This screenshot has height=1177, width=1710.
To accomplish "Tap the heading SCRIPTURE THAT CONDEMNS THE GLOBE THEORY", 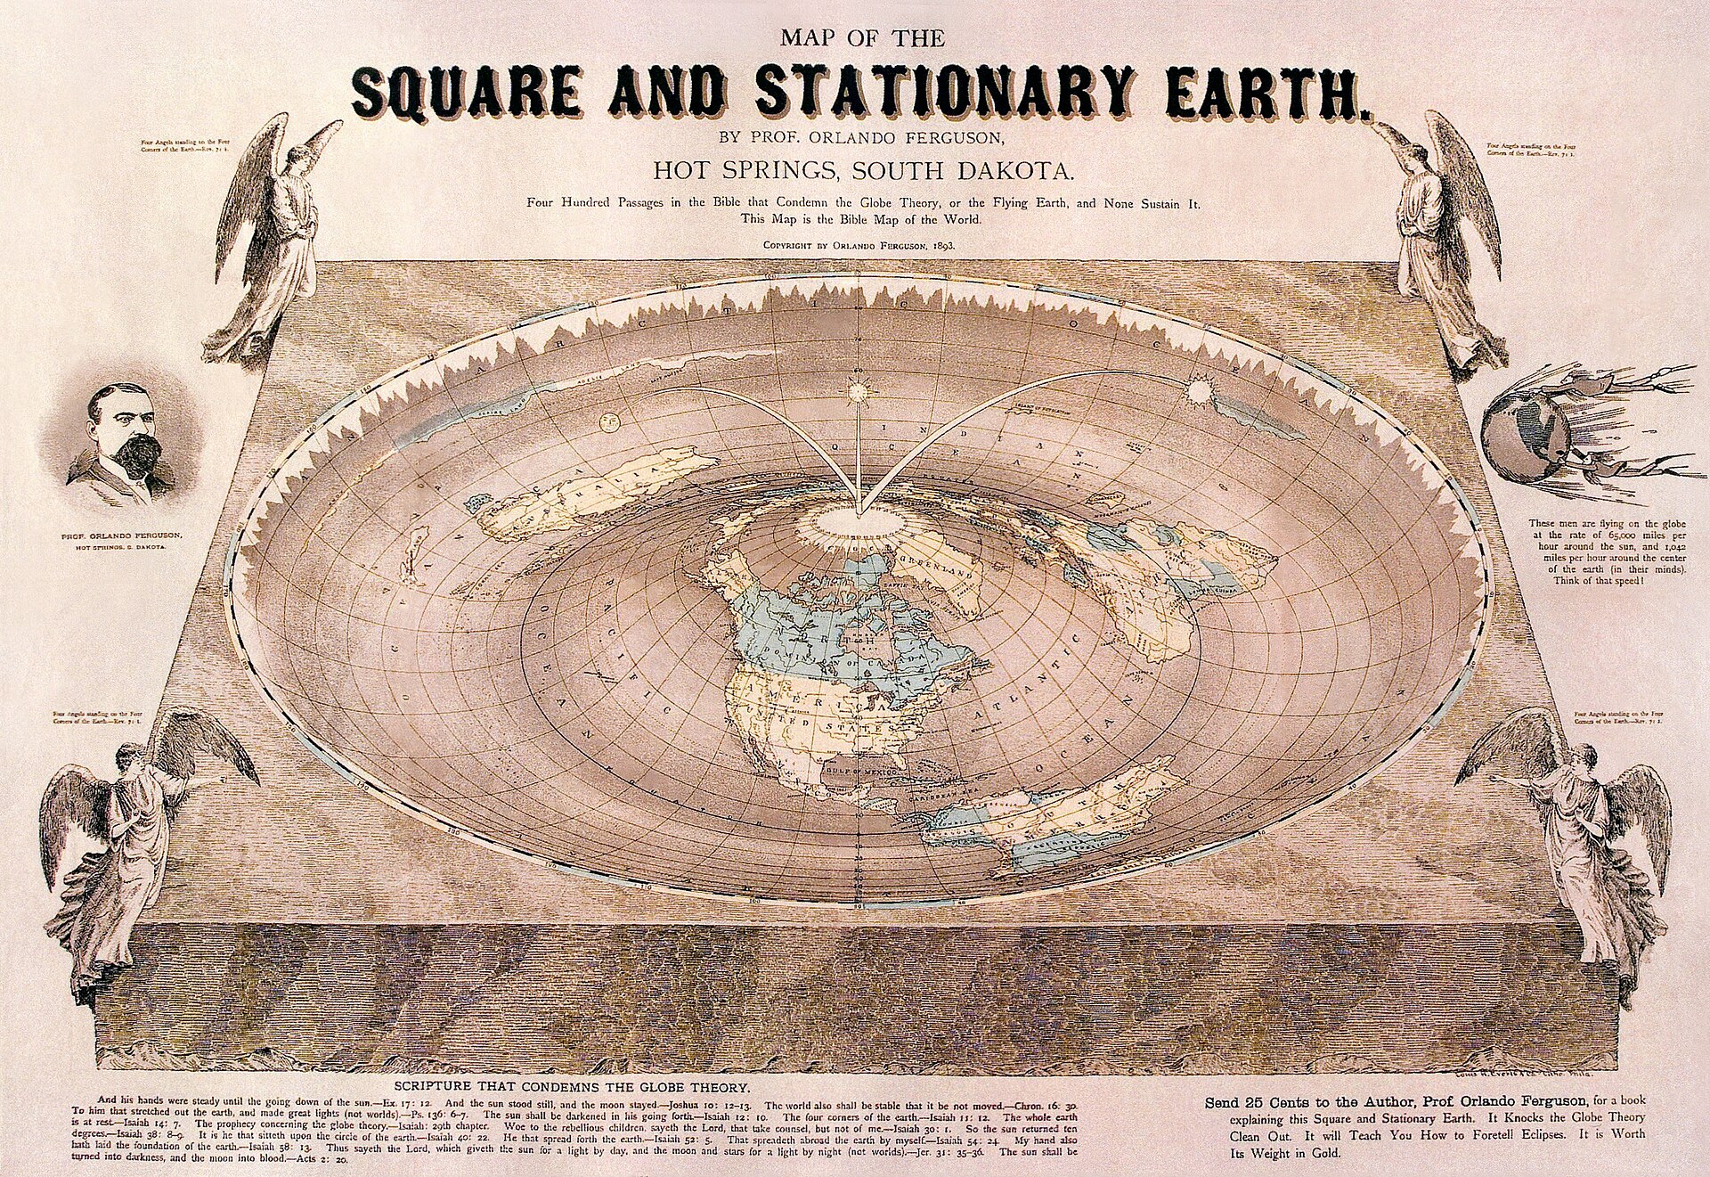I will pos(572,1088).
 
